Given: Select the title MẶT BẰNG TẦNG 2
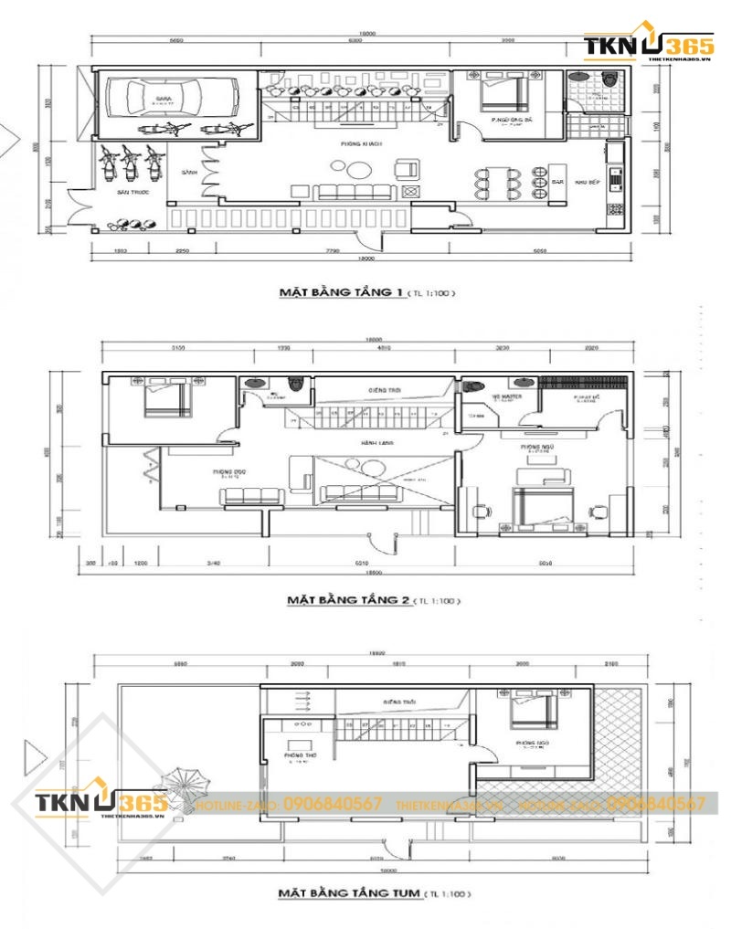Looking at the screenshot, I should tap(347, 600).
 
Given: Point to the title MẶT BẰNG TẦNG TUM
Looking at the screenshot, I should tap(351, 892).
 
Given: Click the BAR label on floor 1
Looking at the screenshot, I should tap(558, 182).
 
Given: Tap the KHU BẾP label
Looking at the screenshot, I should tap(587, 182).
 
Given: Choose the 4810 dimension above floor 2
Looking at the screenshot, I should tap(384, 348).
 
